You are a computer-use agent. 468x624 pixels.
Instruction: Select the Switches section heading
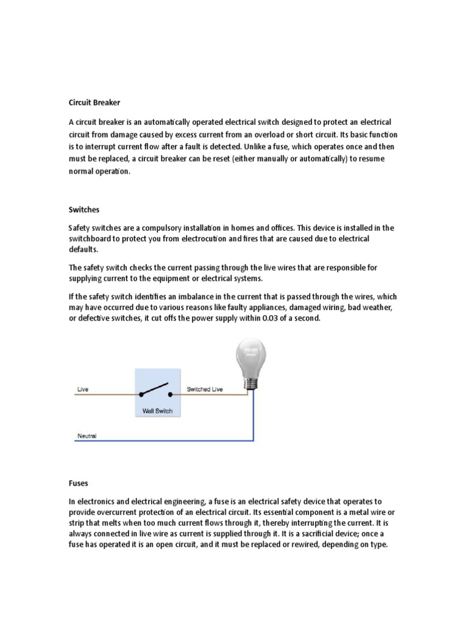[x=84, y=209]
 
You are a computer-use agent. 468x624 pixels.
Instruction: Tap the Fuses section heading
[x=78, y=483]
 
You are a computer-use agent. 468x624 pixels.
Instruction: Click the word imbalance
[x=186, y=296]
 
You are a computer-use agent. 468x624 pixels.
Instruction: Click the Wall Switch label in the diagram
[x=157, y=411]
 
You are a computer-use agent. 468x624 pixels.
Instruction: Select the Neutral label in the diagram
[x=87, y=436]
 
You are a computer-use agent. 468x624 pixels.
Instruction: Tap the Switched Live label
[x=204, y=389]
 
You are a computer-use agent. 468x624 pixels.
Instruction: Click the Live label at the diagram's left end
[x=82, y=389]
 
